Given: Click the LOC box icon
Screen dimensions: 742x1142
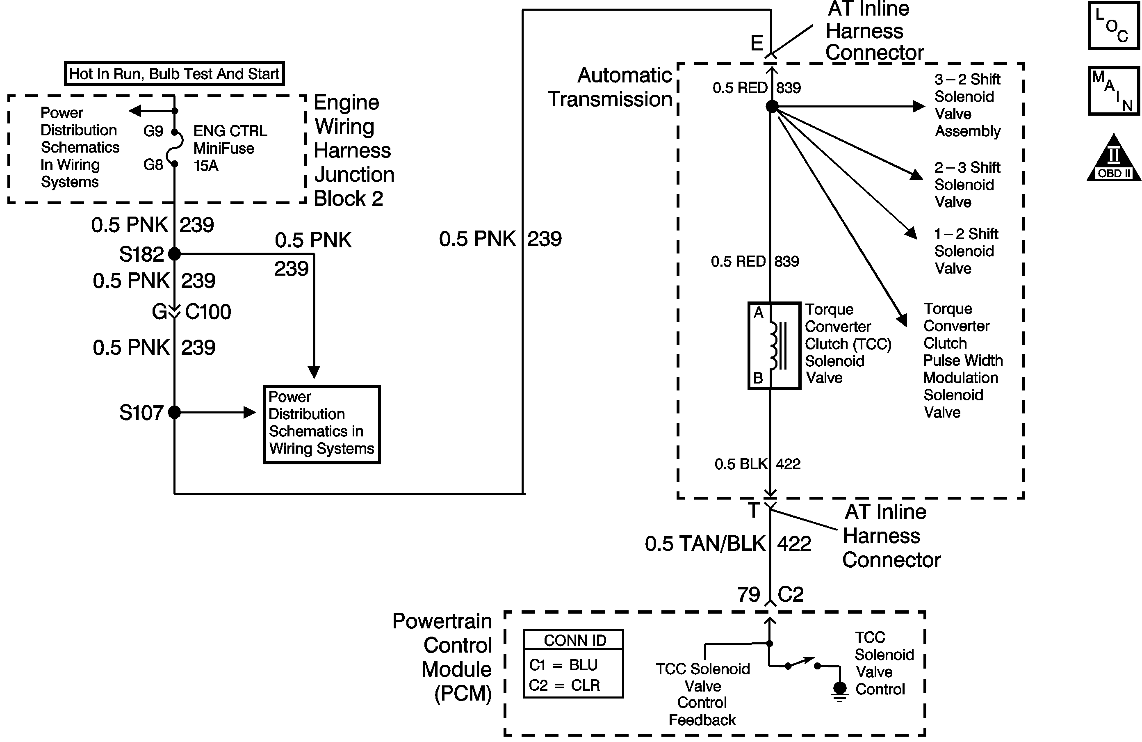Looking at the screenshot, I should point(1113,25).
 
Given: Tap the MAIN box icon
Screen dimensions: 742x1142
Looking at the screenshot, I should point(1113,91).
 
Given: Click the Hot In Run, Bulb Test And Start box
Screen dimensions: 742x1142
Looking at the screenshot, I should point(174,74).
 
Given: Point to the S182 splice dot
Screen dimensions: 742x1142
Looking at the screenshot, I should point(175,253).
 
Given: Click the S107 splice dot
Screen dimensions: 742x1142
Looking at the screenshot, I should point(175,412).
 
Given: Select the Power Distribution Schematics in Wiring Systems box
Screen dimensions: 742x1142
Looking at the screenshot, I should point(321,424).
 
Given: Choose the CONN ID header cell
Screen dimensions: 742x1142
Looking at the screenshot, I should point(574,640).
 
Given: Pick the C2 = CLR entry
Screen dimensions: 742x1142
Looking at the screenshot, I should point(564,685).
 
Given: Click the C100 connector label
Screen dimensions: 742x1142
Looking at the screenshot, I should point(208,312).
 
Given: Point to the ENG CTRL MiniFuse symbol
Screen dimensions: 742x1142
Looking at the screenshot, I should point(175,148).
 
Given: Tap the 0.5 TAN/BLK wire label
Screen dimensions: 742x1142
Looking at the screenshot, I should point(705,544).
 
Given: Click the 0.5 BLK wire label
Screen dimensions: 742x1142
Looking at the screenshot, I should point(741,464).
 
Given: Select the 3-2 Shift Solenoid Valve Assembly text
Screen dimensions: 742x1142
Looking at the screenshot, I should point(967,105).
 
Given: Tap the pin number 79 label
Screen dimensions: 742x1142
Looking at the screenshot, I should point(748,595).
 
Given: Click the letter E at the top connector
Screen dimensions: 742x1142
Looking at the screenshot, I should point(757,43).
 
